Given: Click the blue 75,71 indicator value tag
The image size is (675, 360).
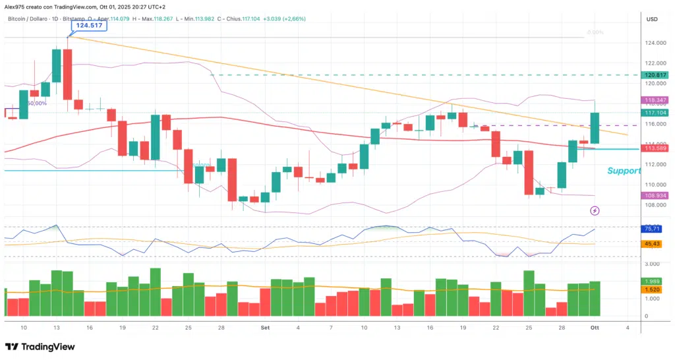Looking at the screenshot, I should (x=652, y=229).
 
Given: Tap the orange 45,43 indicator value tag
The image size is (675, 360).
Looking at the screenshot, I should (x=652, y=244).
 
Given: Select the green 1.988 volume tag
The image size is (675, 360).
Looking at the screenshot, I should (x=652, y=282).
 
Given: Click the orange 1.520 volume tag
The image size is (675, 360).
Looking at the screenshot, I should (x=652, y=289).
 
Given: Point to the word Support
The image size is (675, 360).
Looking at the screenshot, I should (x=624, y=171).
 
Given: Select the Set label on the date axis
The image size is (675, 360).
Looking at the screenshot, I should (x=264, y=327).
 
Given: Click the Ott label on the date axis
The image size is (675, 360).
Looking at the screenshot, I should (x=595, y=327).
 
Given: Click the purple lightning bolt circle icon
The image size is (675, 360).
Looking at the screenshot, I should (x=595, y=210).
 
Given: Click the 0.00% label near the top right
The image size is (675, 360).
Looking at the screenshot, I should (x=595, y=32).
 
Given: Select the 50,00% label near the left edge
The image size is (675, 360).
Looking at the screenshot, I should (x=36, y=103).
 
